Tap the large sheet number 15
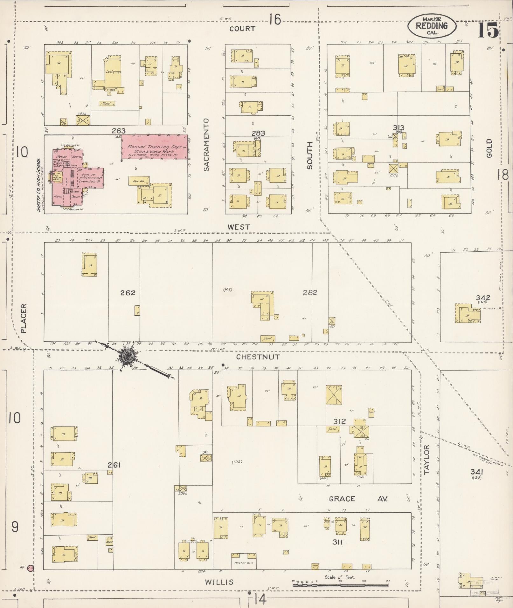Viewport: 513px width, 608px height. (x=488, y=31)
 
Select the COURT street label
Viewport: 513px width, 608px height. (x=242, y=29)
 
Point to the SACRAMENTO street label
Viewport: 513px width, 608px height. (x=207, y=145)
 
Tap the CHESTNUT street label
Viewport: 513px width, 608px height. (x=258, y=357)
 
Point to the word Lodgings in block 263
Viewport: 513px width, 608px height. (x=114, y=72)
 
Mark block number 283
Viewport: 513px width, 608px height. (x=258, y=133)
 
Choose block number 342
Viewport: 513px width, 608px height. (x=483, y=298)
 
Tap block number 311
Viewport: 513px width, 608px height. (x=337, y=542)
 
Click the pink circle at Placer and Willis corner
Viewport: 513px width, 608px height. (x=31, y=568)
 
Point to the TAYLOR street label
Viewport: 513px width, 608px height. (x=426, y=459)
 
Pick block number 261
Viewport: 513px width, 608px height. (x=114, y=465)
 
